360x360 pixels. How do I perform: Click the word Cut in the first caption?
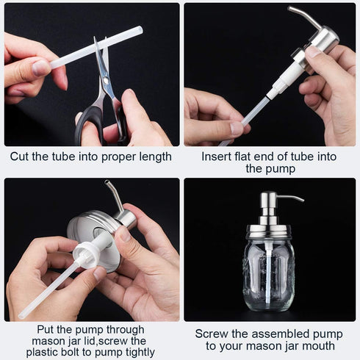pyautogui.click(x=20, y=156)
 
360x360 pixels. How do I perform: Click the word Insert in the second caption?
pyautogui.click(x=218, y=156)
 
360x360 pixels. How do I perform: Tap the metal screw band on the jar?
pyautogui.click(x=269, y=231)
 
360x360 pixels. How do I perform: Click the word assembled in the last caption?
pyautogui.click(x=279, y=334)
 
